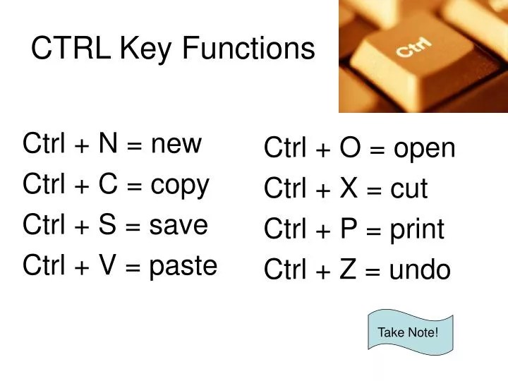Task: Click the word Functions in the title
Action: [248, 49]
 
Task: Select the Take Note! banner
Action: [409, 331]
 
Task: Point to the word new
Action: [176, 144]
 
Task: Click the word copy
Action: [180, 186]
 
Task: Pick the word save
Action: [179, 226]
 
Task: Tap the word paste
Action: [183, 267]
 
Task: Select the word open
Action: [425, 150]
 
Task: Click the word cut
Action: [409, 190]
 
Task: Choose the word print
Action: [417, 230]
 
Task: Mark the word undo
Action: [420, 270]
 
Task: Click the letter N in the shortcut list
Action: [108, 143]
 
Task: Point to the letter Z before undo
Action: [348, 270]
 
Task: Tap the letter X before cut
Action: [349, 189]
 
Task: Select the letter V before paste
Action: [108, 266]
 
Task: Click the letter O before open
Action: [350, 149]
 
